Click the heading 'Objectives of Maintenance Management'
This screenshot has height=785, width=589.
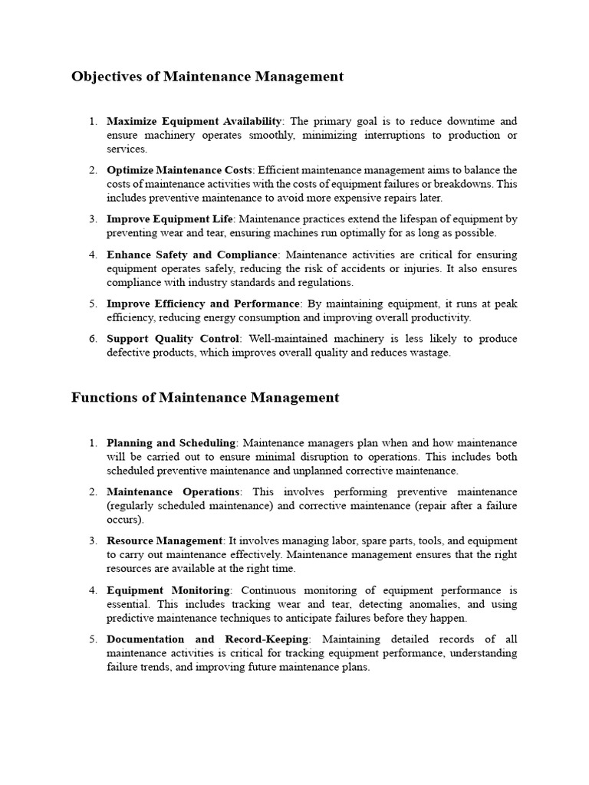[207, 77]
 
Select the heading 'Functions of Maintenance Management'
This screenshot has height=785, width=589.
[205, 397]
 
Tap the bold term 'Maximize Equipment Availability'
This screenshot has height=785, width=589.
[195, 121]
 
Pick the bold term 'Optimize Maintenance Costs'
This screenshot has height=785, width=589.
[179, 169]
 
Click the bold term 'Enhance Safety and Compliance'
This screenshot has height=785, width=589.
[192, 254]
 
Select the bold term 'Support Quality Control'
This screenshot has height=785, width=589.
[173, 338]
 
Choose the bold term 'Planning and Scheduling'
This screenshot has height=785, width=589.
[171, 442]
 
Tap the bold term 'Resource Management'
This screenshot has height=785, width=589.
[165, 540]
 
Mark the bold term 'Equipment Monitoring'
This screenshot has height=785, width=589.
[169, 590]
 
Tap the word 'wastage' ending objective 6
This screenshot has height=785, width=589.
[430, 353]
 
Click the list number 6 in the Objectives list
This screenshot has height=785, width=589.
[93, 338]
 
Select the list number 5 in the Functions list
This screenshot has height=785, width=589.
[93, 639]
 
